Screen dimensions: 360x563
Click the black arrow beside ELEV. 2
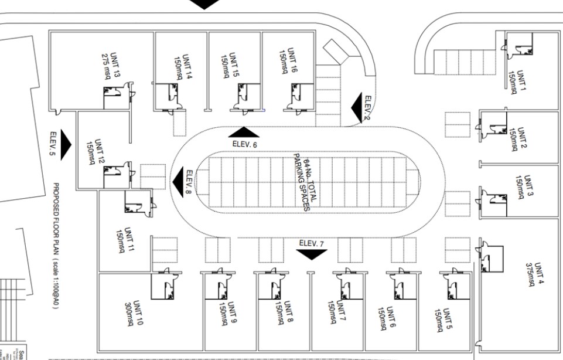[357, 107]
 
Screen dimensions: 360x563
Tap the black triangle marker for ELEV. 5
[65, 144]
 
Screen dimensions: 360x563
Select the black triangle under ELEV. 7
[311, 254]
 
